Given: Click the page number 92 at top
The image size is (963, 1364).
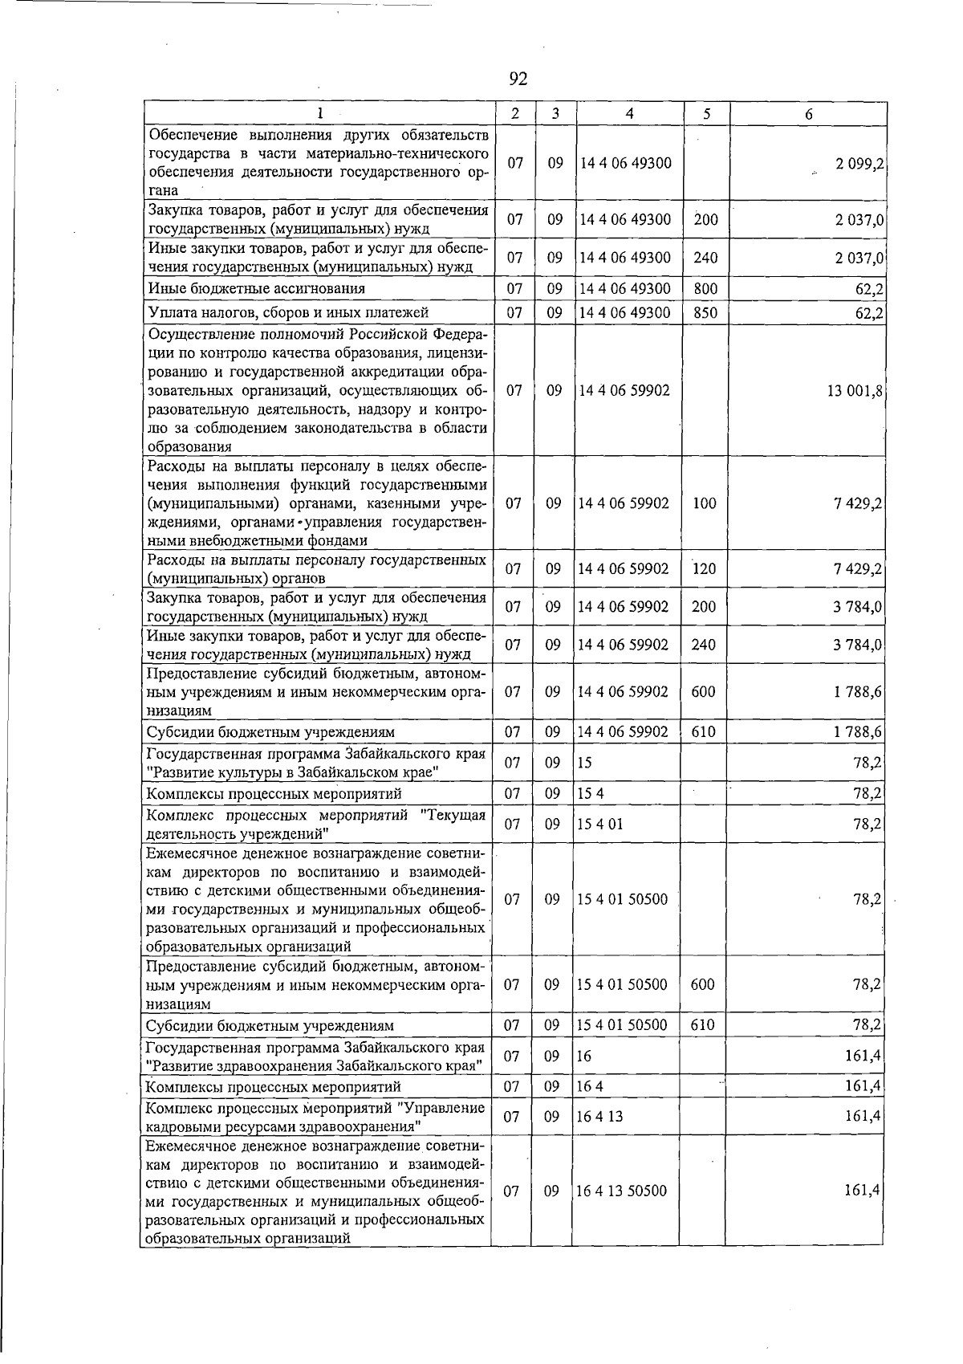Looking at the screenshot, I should (x=518, y=78).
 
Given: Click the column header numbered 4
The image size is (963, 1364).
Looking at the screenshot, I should (x=629, y=114).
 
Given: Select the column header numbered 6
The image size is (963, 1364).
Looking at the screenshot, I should (x=808, y=114).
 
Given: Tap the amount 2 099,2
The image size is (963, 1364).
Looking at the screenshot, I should (x=859, y=164).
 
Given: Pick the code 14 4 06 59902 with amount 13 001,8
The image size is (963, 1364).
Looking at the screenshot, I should (x=624, y=391).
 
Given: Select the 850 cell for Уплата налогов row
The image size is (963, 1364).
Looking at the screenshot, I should (x=705, y=312).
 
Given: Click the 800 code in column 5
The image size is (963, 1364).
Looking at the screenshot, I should (x=705, y=288).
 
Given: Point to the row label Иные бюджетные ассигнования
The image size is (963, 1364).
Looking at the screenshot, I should (x=256, y=288).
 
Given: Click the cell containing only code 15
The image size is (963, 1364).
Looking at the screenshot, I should (x=584, y=763).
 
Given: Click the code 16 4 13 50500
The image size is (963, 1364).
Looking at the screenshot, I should (x=622, y=1191).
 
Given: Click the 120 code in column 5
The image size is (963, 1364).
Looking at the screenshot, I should (x=704, y=569).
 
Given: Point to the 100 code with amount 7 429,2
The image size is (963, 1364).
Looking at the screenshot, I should (x=704, y=503).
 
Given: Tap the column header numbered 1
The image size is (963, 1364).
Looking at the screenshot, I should (x=319, y=114).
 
